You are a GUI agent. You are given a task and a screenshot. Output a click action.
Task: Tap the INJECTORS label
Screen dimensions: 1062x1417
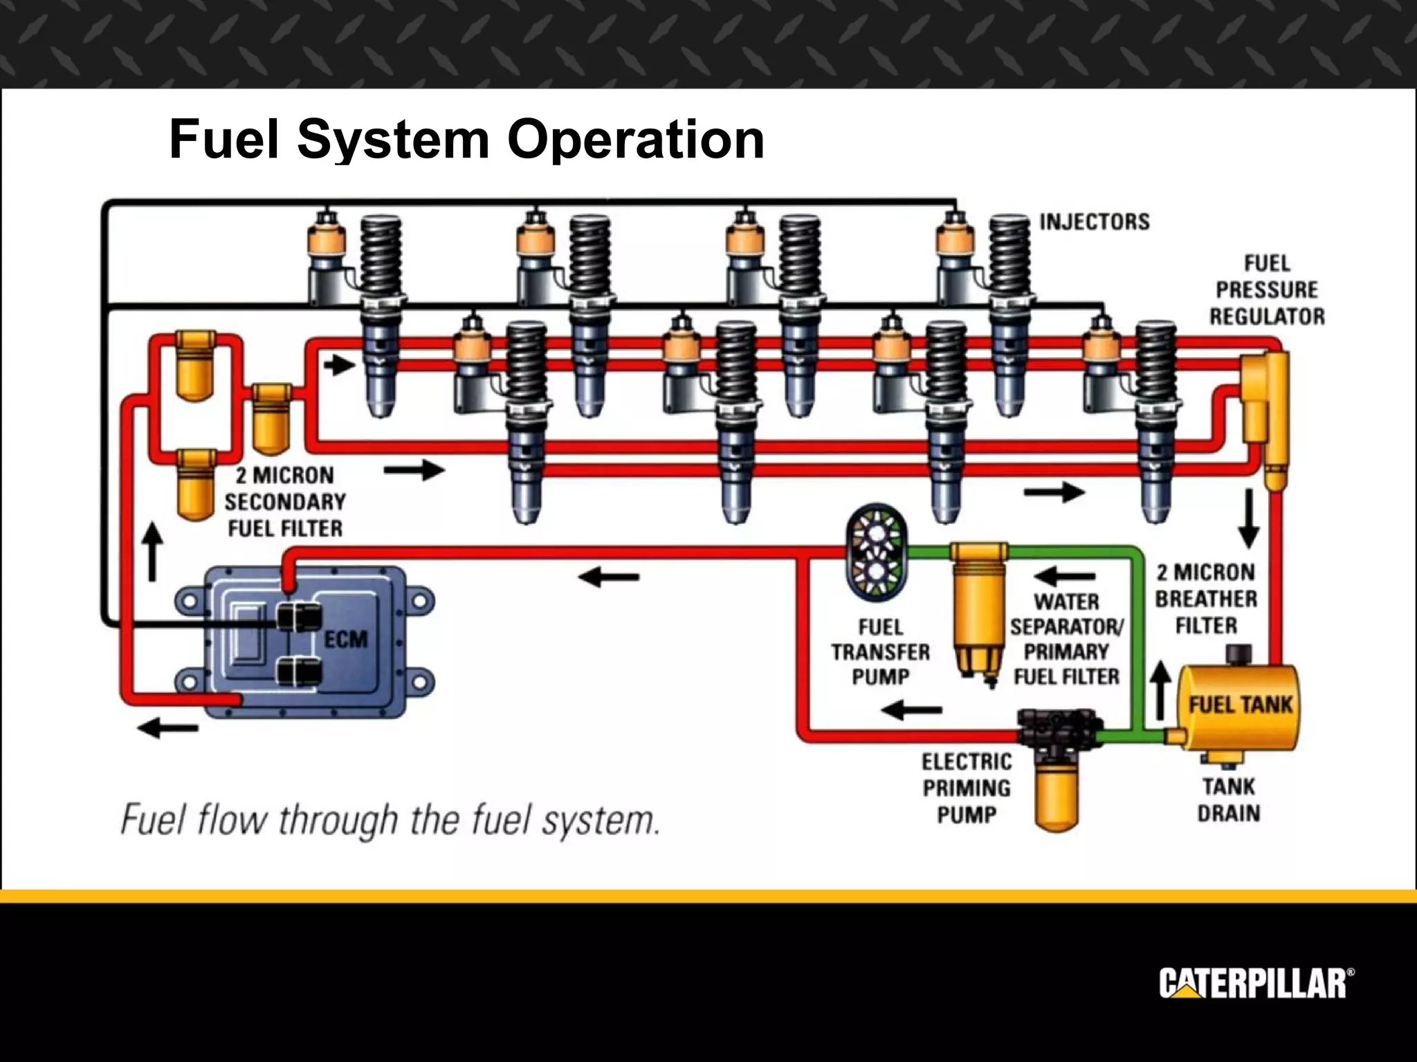(1094, 222)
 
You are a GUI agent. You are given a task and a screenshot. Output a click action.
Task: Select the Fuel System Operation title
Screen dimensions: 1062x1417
(466, 139)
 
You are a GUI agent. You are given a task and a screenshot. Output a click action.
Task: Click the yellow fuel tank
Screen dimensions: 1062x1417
(1239, 707)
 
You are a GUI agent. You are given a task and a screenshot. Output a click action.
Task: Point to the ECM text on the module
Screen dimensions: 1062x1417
(346, 640)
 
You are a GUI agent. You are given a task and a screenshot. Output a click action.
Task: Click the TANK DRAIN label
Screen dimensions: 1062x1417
(1228, 800)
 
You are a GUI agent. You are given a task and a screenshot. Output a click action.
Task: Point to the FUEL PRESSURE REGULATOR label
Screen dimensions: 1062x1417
(1267, 290)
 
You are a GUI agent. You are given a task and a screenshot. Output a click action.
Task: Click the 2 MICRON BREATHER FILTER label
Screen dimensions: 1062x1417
(1206, 599)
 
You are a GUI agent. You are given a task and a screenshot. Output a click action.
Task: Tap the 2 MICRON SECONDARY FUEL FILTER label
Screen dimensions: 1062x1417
(284, 502)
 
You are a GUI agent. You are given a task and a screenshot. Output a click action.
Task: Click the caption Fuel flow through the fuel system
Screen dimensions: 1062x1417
(390, 821)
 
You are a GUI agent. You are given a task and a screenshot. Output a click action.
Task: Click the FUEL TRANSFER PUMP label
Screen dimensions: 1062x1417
(880, 652)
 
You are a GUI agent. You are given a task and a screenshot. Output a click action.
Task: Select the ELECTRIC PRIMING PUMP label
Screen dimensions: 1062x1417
(967, 788)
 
